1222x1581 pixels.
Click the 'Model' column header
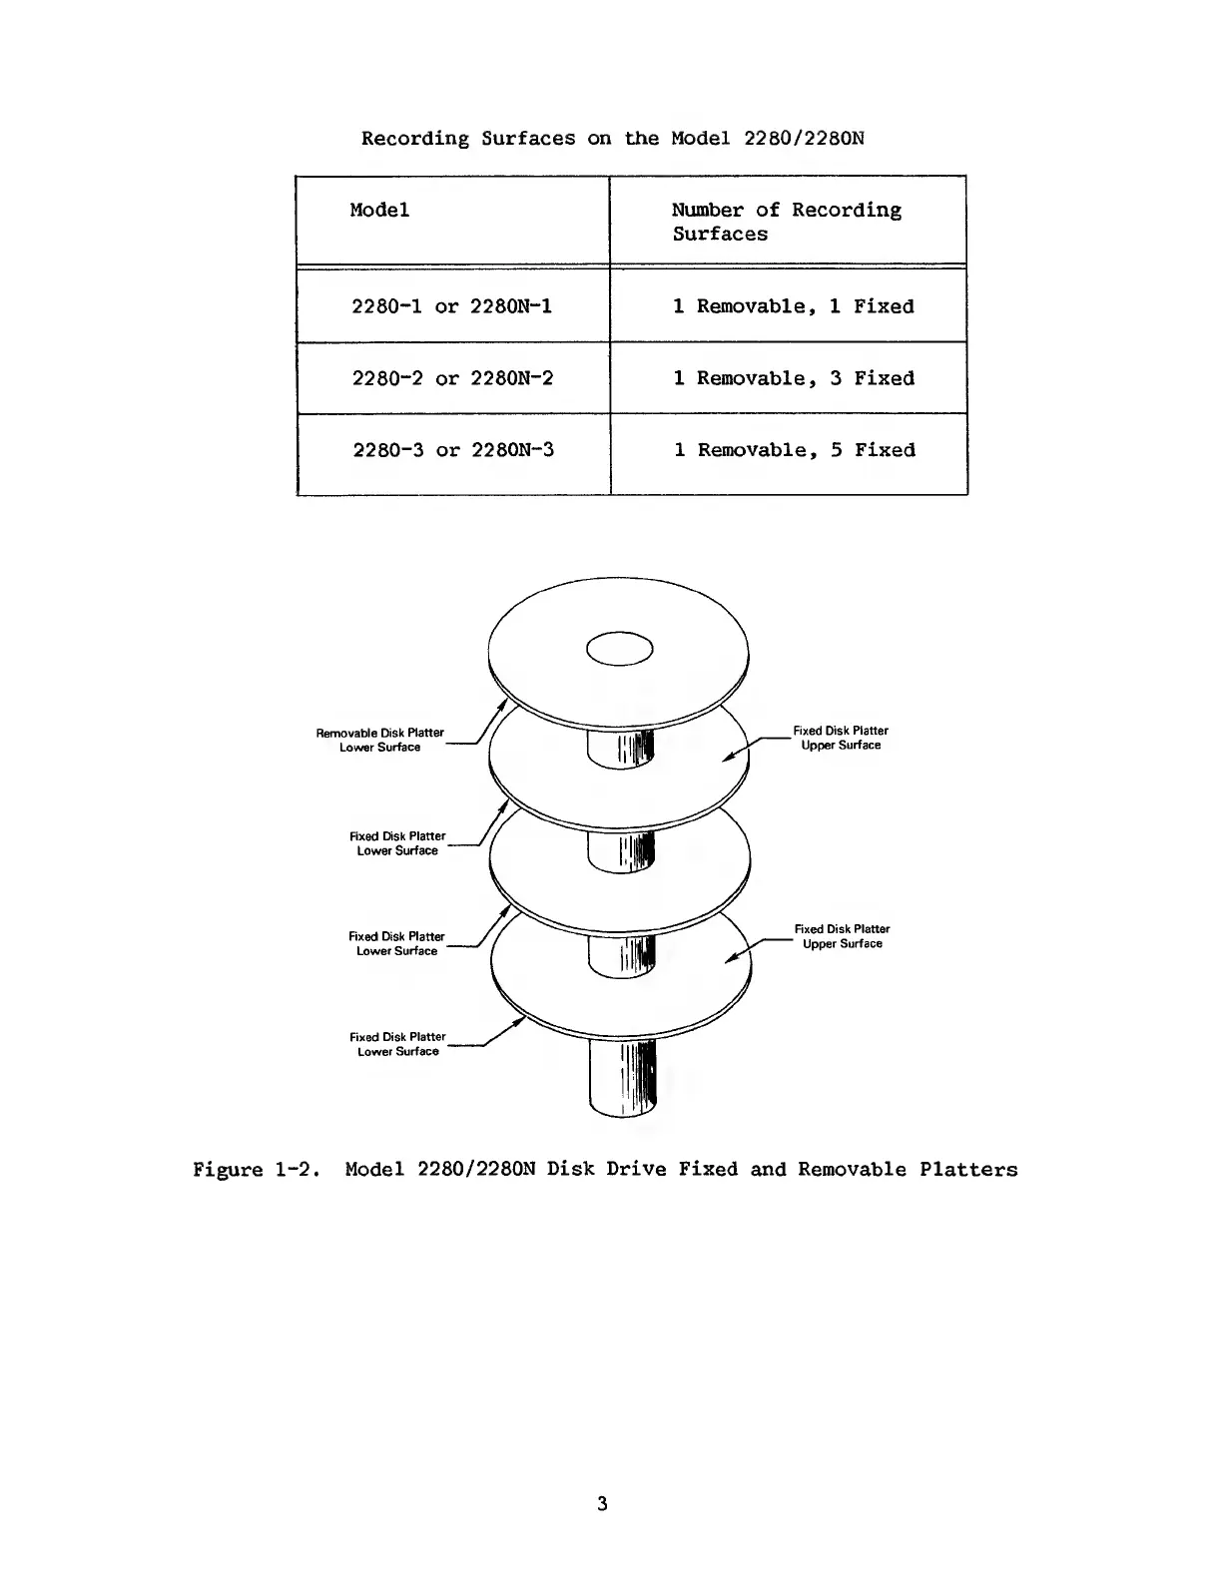pyautogui.click(x=379, y=211)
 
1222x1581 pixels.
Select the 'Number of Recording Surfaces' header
pyautogui.click(x=786, y=222)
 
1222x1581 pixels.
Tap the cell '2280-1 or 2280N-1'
pyautogui.click(x=451, y=306)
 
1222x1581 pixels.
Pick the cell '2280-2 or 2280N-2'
pyautogui.click(x=452, y=378)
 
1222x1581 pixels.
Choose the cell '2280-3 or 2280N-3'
pyautogui.click(x=453, y=450)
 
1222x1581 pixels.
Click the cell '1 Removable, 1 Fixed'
pyautogui.click(x=793, y=306)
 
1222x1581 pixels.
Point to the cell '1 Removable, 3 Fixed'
pyautogui.click(x=794, y=378)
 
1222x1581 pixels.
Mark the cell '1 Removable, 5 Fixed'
pyautogui.click(x=794, y=450)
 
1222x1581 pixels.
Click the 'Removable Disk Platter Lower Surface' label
pyautogui.click(x=379, y=740)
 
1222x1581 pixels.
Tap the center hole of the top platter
pyautogui.click(x=620, y=649)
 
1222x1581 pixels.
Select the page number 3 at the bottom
pyautogui.click(x=602, y=1503)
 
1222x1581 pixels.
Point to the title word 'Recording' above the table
pyautogui.click(x=414, y=139)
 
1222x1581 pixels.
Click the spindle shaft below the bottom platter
pyautogui.click(x=622, y=1078)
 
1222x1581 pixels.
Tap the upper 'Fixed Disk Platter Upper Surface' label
pyautogui.click(x=841, y=738)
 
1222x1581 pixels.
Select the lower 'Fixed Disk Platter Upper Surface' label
pyautogui.click(x=842, y=936)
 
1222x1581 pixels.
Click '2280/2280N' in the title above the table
pyautogui.click(x=804, y=139)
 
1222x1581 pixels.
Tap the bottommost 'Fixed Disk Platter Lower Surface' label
pyautogui.click(x=397, y=1044)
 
